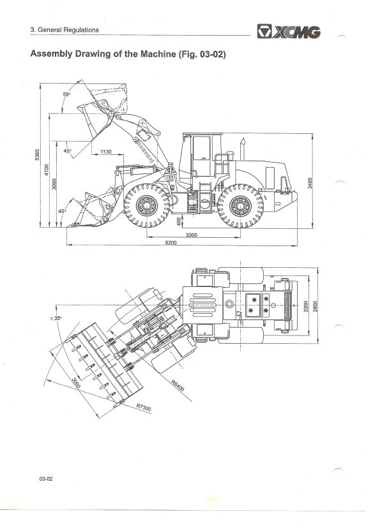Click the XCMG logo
(289, 31)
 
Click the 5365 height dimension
(38, 154)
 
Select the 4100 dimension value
(47, 170)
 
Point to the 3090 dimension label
(54, 184)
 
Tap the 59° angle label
(66, 94)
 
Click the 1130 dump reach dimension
(106, 152)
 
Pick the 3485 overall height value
(310, 183)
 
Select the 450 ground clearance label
(179, 221)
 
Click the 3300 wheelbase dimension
(192, 235)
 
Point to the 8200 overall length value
(171, 243)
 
